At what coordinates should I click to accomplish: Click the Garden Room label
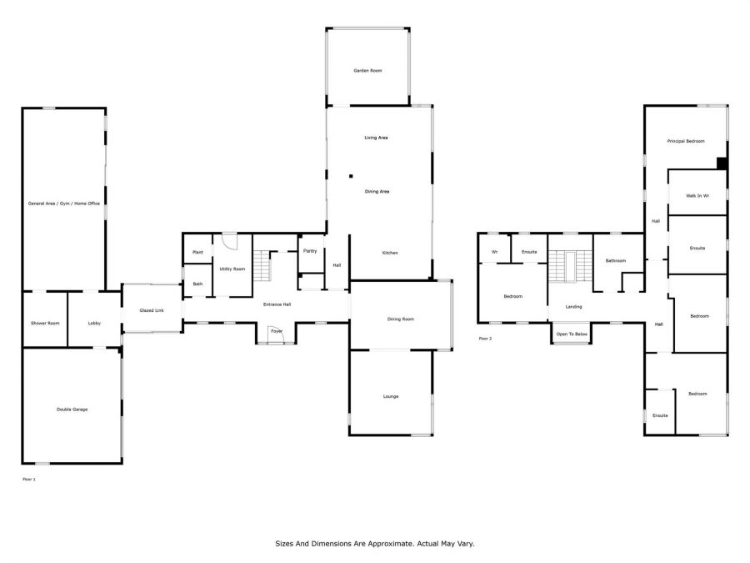coord(367,71)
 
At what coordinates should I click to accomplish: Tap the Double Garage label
coord(72,410)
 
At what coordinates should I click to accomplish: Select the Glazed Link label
coord(152,311)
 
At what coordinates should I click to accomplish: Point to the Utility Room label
coord(232,269)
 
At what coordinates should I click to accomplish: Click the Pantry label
coord(310,251)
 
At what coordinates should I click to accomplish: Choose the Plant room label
coord(197,252)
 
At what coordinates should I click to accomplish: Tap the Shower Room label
coord(45,323)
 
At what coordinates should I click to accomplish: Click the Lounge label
coord(391,396)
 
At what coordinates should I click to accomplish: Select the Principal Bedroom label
coord(686,141)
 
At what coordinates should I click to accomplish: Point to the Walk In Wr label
coord(697,196)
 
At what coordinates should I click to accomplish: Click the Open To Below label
coord(572,334)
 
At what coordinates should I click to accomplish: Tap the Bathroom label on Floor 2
coord(616,261)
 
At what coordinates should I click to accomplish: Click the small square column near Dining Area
coord(351,176)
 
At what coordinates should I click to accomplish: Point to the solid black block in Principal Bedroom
coord(722,163)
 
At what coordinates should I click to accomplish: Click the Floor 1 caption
coord(29,480)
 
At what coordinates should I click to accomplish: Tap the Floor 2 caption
coord(485,339)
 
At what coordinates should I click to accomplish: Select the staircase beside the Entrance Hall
coord(262,266)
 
